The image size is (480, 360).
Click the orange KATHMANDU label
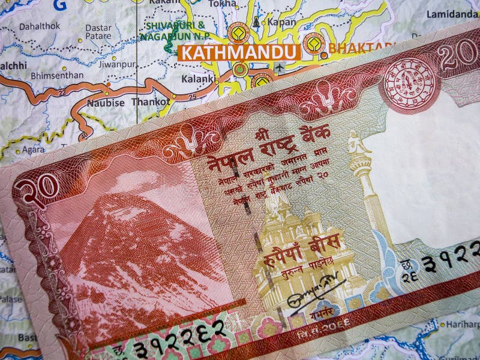238,52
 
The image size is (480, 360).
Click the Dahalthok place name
40,26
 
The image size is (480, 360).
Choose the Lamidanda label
452,14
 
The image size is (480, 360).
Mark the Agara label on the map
34,149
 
